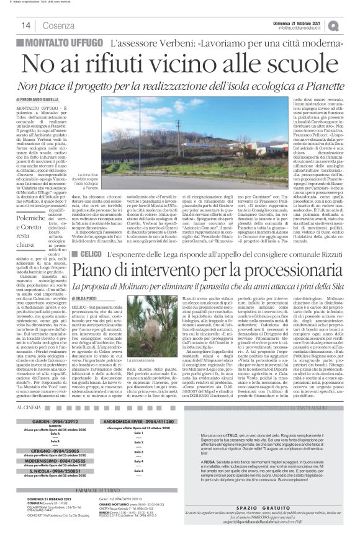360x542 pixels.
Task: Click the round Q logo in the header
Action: click(351, 25)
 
